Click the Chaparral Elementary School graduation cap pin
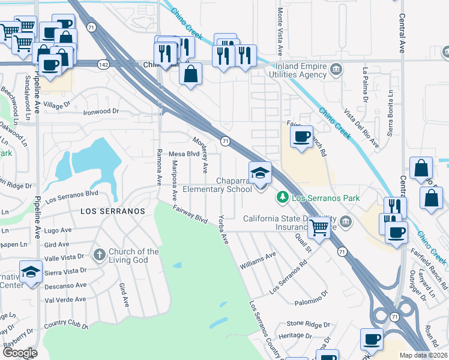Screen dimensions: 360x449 click(x=261, y=173)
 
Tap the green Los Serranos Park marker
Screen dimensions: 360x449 click(x=282, y=197)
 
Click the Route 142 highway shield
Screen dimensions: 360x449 click(x=104, y=64)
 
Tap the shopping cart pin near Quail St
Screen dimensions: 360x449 click(x=319, y=227)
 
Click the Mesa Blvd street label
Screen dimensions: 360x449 click(x=184, y=154)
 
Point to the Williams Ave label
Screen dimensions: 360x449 click(x=258, y=260)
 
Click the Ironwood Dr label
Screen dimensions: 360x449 click(x=101, y=112)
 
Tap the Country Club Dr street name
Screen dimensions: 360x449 click(x=66, y=326)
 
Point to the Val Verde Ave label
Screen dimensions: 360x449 click(x=66, y=299)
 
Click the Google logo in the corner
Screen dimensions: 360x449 click(x=20, y=353)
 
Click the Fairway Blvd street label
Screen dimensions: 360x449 click(x=190, y=215)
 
